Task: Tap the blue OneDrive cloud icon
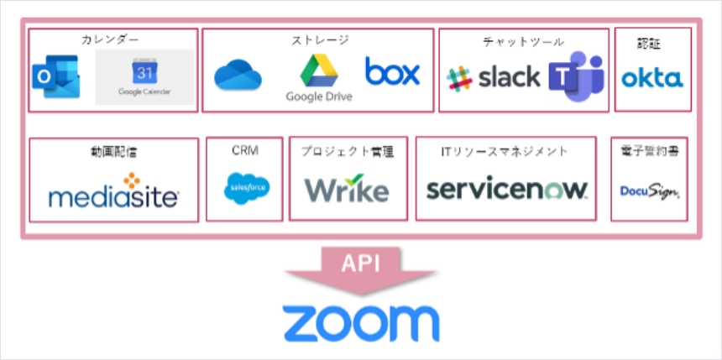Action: (238, 75)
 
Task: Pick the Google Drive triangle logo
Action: (318, 70)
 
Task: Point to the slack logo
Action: (494, 78)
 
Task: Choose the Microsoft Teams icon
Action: (577, 76)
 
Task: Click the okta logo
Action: (652, 79)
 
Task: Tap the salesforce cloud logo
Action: (247, 189)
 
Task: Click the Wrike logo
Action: (347, 190)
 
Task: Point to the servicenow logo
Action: (506, 189)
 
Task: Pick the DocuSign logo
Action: (649, 191)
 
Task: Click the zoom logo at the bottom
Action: (361, 322)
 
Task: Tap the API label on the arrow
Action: (360, 263)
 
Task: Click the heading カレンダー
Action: (110, 39)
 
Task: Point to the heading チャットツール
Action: (523, 41)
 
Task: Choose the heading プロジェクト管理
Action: (348, 151)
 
